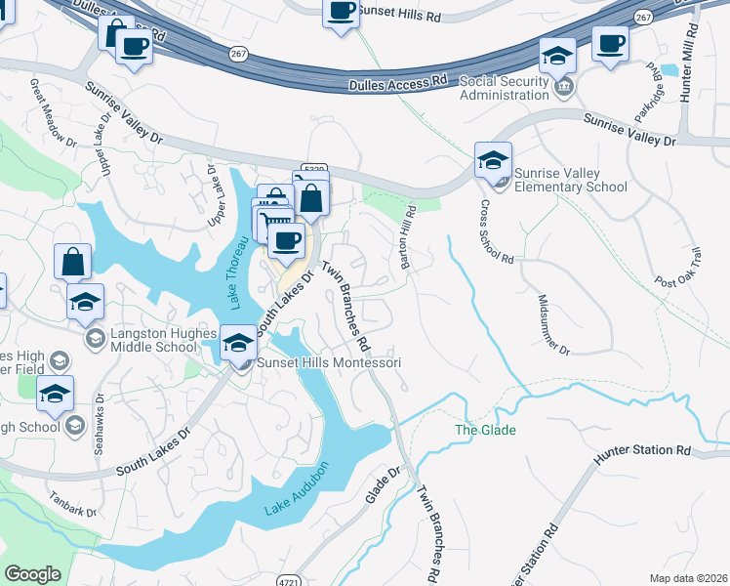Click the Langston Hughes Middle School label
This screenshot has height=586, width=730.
point(163,340)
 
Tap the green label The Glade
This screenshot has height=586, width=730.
point(485,430)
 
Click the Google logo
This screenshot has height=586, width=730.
point(32,574)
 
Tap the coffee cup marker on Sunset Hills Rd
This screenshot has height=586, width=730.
point(341,13)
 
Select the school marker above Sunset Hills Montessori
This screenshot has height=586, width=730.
point(238,343)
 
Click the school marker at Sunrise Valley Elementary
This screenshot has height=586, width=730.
point(493,159)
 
